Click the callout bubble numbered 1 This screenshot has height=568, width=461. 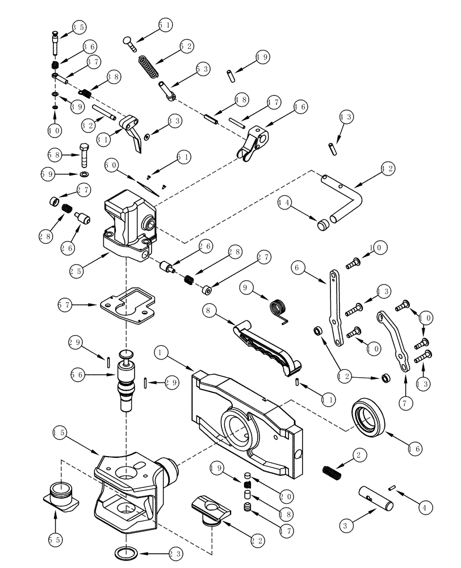point(161,353)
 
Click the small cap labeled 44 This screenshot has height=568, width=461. point(323,224)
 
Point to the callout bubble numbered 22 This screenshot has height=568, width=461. point(258,536)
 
